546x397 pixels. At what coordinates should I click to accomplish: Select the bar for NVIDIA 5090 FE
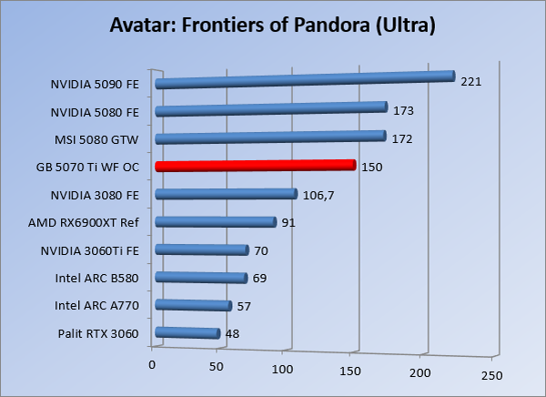click(305, 80)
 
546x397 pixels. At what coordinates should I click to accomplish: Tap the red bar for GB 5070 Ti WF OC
click(255, 166)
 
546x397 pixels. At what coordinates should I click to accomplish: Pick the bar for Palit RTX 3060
click(188, 334)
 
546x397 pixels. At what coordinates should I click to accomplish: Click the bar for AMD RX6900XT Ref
click(216, 222)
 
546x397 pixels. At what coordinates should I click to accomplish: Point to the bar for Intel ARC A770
click(194, 306)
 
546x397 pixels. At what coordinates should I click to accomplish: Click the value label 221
click(470, 82)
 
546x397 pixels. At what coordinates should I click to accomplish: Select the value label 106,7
click(319, 195)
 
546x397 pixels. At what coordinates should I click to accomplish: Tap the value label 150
click(372, 167)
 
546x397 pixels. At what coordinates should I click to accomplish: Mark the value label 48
click(232, 334)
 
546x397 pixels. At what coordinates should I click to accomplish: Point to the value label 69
click(259, 278)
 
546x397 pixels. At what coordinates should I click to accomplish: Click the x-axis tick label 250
click(491, 374)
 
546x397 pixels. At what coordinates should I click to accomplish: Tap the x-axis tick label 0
click(152, 364)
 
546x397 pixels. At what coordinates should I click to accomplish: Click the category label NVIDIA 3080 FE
click(96, 195)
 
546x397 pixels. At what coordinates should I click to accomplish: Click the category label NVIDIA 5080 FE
click(96, 112)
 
